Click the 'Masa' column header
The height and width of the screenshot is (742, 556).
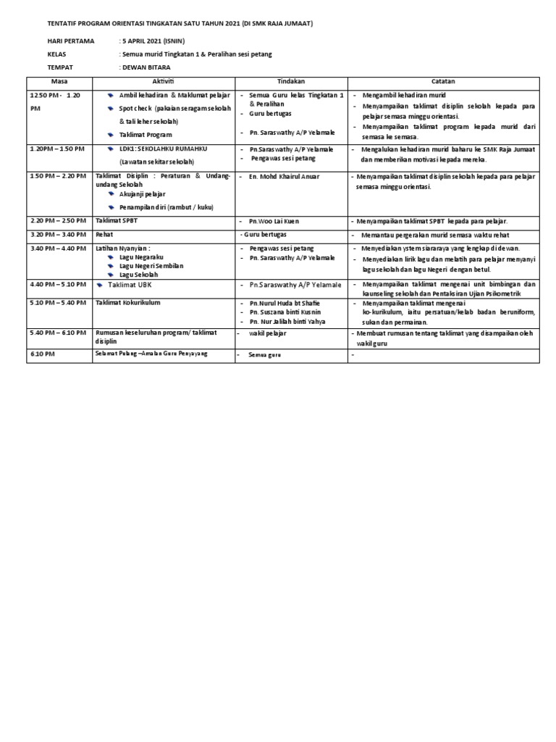pos(59,81)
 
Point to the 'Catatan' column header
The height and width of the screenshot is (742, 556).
pos(442,81)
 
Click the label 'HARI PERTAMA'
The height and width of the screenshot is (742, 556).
pos(70,41)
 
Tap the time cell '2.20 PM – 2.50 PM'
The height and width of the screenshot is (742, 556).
pos(57,220)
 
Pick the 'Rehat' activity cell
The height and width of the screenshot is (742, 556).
pos(105,235)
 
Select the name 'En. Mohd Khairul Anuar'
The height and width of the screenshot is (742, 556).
pos(283,176)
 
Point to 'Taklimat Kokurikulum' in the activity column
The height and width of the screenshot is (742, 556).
pos(127,302)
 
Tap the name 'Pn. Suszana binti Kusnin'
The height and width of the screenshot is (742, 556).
pos(286,312)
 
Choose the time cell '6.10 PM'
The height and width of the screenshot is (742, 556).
pos(43,354)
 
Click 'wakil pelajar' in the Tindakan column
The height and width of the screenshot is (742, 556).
pos(268,333)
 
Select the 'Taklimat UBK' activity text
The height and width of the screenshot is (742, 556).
pos(132,285)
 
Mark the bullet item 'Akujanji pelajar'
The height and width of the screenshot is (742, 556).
pos(143,194)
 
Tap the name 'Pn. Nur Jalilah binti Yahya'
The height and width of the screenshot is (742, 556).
pos(290,320)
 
